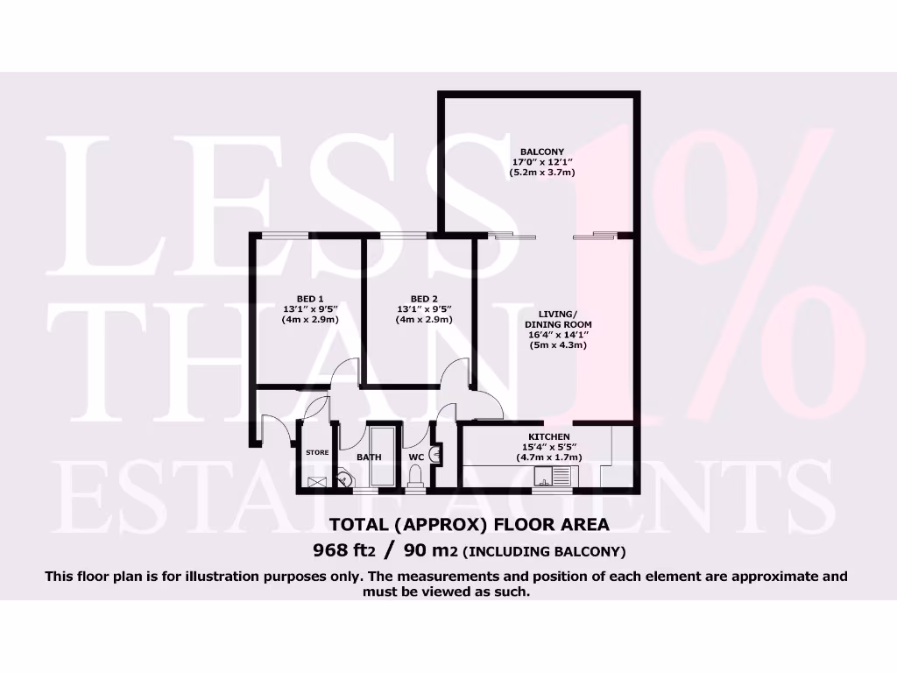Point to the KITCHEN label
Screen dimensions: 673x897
549,436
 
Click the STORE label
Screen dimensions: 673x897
316,452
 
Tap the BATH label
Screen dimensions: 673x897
369,457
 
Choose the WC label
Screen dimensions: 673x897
417,457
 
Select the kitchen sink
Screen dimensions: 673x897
554,477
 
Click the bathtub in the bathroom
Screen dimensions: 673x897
383,456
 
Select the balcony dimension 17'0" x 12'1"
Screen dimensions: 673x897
541,162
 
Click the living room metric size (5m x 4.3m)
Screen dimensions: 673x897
557,345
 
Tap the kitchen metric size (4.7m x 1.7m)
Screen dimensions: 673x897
549,457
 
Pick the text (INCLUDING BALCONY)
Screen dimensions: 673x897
544,552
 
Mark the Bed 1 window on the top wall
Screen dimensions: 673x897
284,234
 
